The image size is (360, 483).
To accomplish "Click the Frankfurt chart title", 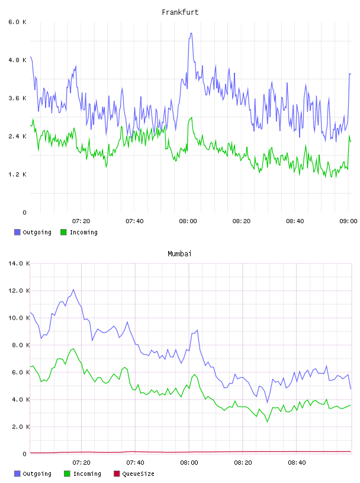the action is tap(180, 12).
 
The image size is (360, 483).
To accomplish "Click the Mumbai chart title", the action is tap(179, 254).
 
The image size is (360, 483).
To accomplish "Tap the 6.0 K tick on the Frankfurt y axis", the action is tap(18, 22).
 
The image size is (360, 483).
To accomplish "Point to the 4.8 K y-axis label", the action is tap(18, 60).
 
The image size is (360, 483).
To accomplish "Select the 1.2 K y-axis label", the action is tap(18, 175).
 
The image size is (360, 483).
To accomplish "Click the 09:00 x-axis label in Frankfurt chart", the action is tap(348, 221).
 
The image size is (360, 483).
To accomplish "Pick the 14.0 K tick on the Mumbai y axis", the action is tap(19, 263).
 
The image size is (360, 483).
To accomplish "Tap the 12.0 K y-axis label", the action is tap(19, 291).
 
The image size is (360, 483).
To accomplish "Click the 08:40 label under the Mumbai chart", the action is tap(297, 463).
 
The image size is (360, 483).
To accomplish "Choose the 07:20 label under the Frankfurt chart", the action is tap(81, 221).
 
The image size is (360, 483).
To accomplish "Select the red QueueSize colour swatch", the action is tap(117, 474).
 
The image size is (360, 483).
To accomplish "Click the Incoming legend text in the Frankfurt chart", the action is tap(83, 232).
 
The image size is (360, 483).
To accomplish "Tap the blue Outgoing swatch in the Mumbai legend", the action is tap(17, 474).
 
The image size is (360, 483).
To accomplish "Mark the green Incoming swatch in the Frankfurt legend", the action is tap(63, 232).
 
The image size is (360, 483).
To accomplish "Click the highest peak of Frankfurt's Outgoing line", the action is tap(191, 33).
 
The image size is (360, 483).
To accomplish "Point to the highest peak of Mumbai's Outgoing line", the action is tap(73, 289).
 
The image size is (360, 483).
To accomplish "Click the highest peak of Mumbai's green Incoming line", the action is tap(73, 349).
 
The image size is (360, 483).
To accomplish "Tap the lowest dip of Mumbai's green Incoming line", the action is tap(268, 421).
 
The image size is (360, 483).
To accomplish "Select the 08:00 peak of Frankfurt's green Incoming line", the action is tap(192, 117).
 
